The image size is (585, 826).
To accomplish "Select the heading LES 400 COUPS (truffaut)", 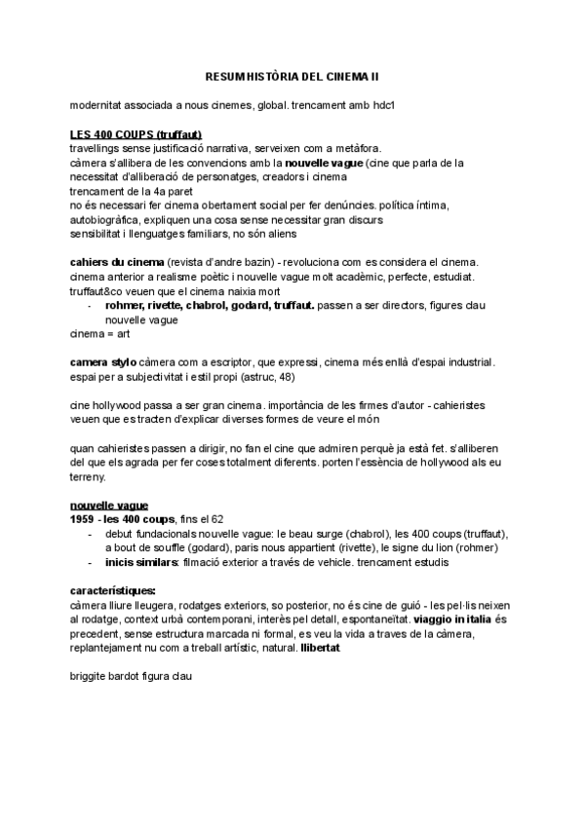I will (x=136, y=133).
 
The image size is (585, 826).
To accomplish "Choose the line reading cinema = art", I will (x=99, y=333).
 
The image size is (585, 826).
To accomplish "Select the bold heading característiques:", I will (x=113, y=591).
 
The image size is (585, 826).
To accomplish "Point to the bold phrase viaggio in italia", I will (x=453, y=619).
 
